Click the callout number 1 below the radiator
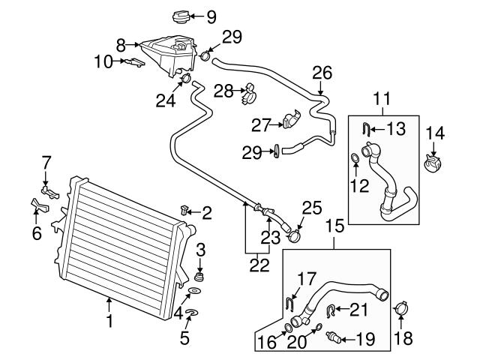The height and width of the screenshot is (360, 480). point(109,322)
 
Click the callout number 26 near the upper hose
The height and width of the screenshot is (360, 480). point(321,73)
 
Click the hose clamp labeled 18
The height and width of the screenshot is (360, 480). point(400,307)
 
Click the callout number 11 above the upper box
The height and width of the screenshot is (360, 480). point(383,97)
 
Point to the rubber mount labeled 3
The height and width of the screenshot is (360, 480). point(199,271)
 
